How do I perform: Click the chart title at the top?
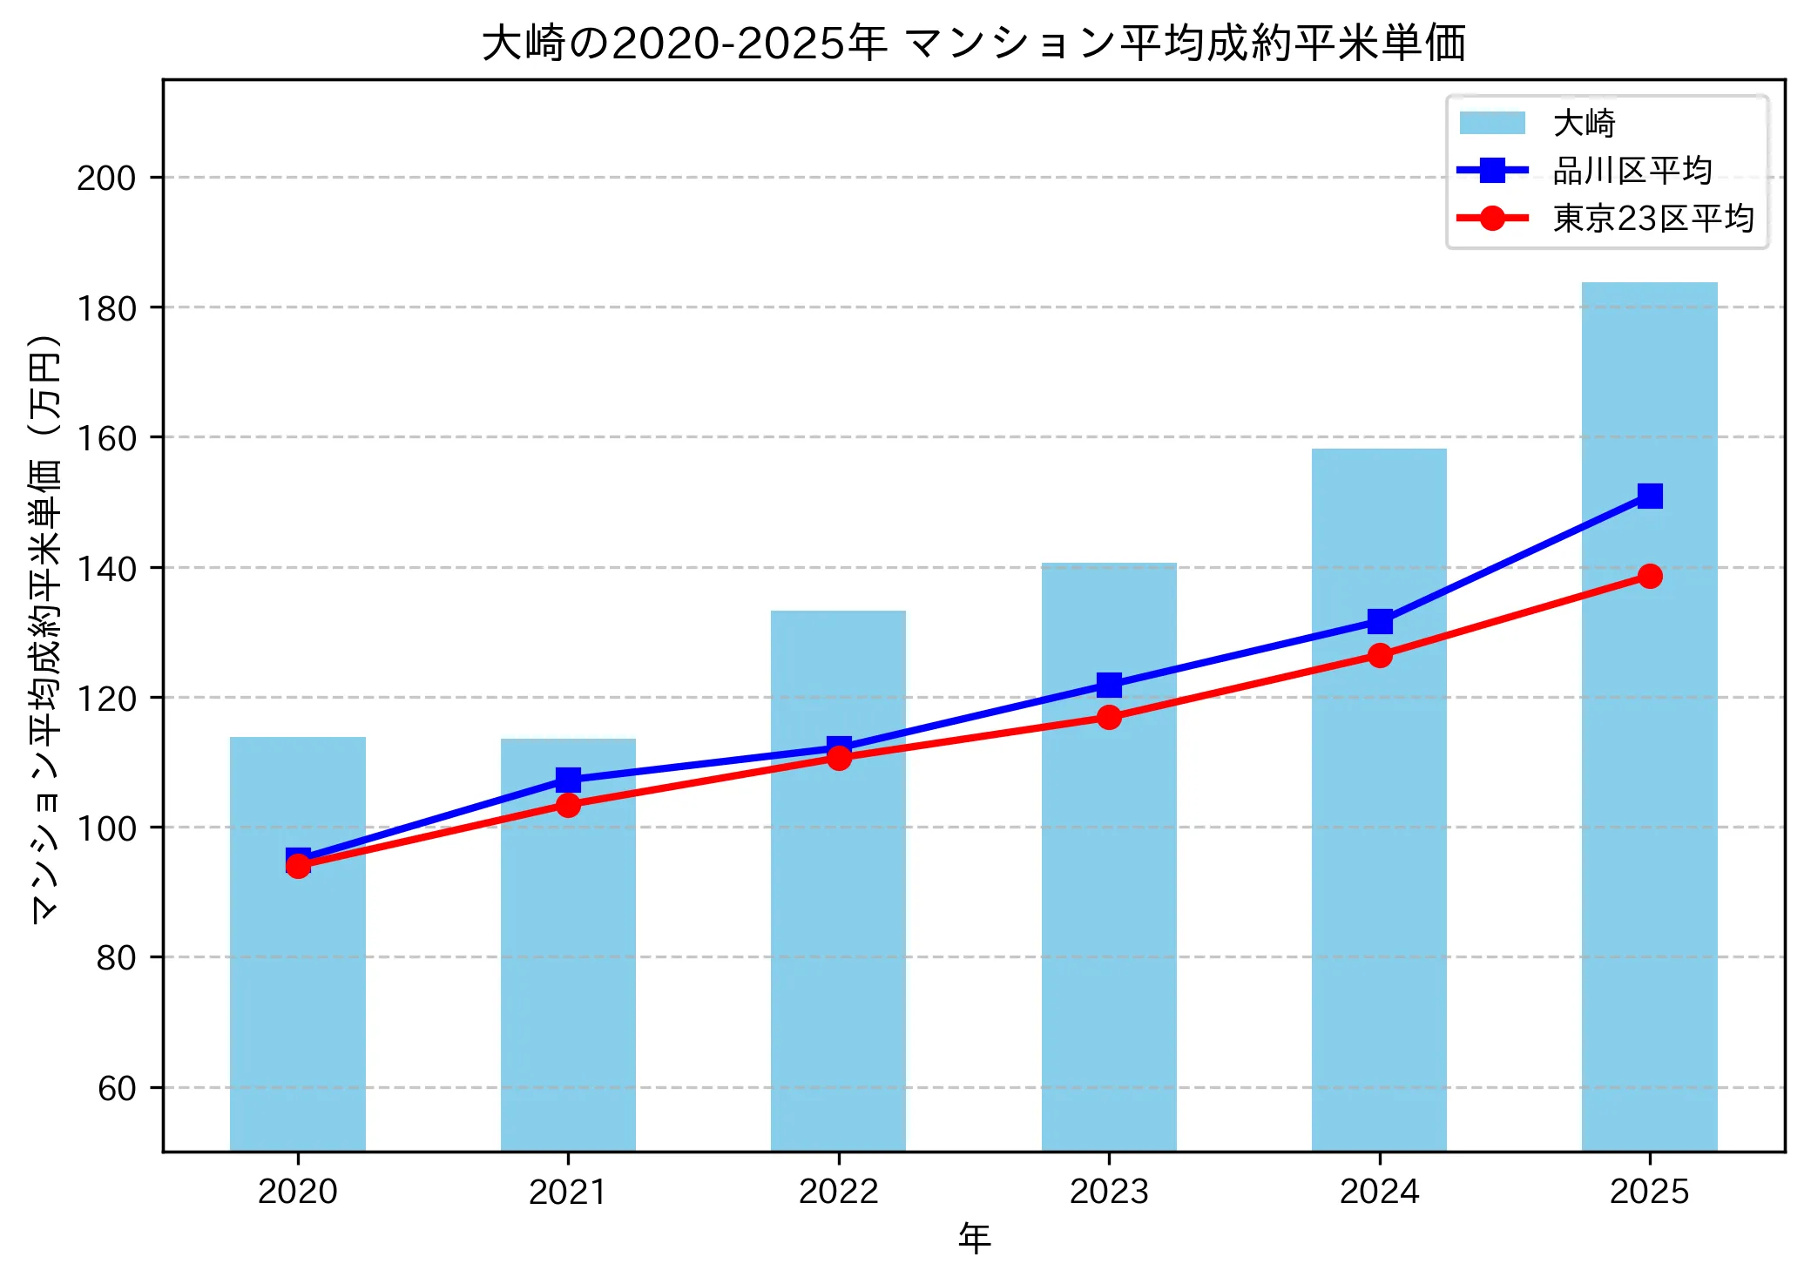click(x=973, y=44)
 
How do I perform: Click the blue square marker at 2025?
click(x=1649, y=497)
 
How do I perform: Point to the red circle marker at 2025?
click(x=1649, y=576)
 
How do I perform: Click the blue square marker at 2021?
click(x=568, y=779)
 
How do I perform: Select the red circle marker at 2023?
click(x=1109, y=717)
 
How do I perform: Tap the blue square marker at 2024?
click(x=1379, y=621)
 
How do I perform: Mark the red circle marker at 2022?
click(x=838, y=758)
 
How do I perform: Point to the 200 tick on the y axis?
click(x=106, y=178)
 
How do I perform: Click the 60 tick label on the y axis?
click(x=117, y=1088)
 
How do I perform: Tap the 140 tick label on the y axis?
click(x=106, y=568)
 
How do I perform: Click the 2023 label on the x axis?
click(x=1109, y=1191)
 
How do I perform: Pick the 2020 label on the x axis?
click(x=298, y=1191)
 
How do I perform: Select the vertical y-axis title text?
click(x=45, y=627)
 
